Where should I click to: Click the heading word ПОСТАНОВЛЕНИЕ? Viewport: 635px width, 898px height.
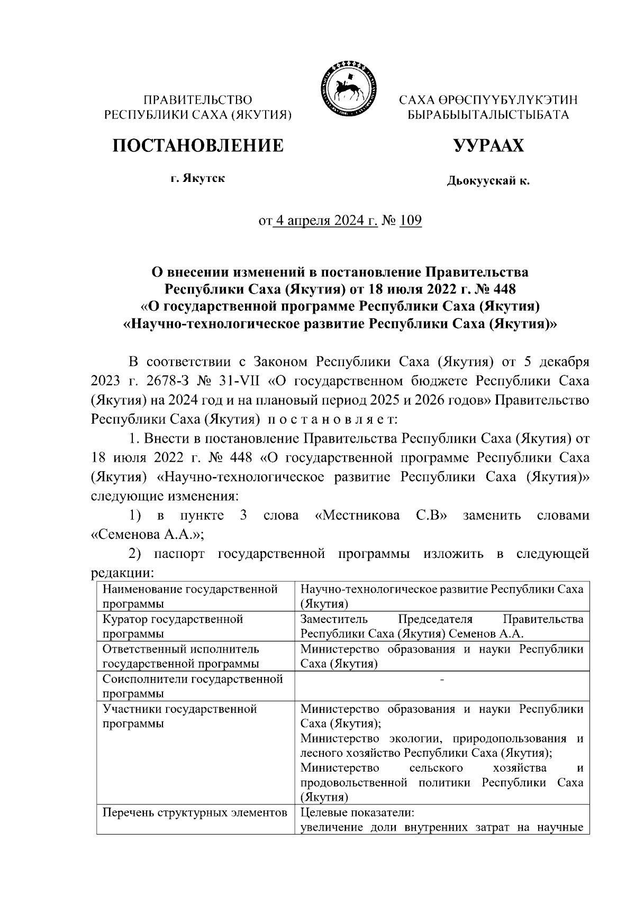pos(197,145)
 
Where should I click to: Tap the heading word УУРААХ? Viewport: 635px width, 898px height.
pos(488,145)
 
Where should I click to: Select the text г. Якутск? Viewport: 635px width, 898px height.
pos(197,178)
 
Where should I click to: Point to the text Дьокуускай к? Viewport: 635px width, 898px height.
pos(488,181)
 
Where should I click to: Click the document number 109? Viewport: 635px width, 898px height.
pos(411,221)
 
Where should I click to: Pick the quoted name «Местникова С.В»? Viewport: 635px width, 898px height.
pos(381,516)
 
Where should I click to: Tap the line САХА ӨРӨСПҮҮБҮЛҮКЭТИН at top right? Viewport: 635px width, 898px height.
pos(488,100)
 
